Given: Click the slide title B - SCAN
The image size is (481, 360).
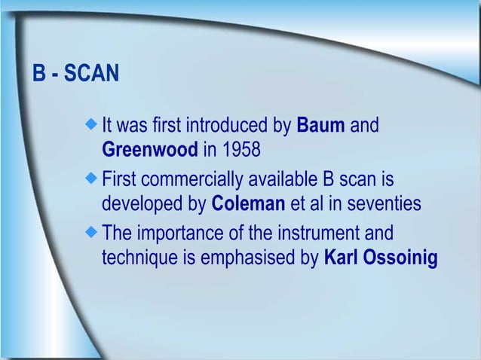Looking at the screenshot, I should click(x=75, y=75).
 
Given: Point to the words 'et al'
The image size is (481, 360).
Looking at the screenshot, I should click(x=305, y=204).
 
